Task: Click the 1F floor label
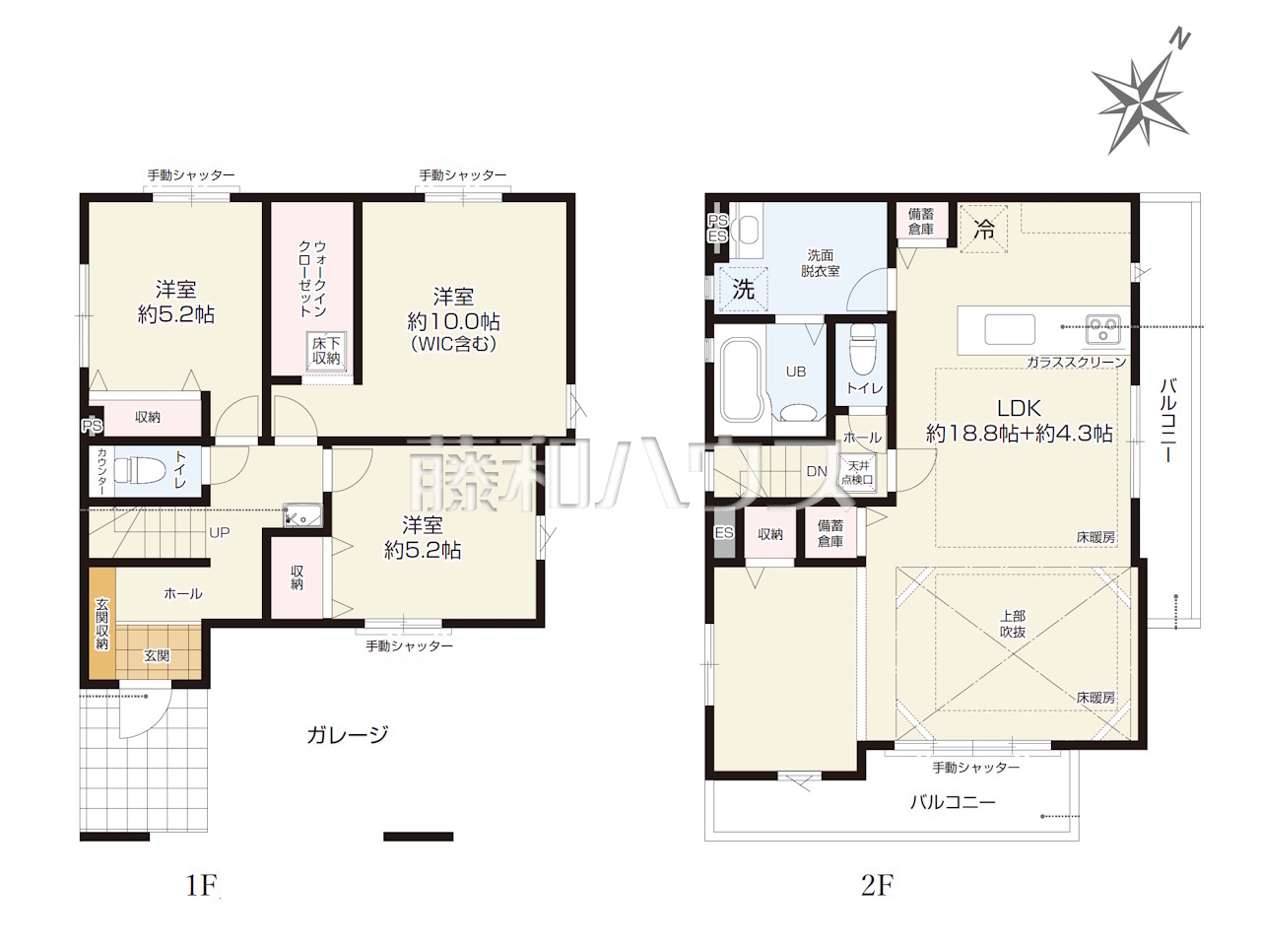201,885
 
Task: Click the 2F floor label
877,885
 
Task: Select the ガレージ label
348,734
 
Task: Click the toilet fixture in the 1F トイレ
133,470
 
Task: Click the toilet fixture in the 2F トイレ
862,347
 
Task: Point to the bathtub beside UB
742,379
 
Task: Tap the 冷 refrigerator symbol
983,229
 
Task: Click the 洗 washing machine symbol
743,289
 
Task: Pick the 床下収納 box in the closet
326,352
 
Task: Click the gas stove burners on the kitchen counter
1101,329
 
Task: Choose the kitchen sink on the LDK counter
1010,329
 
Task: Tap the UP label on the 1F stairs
219,532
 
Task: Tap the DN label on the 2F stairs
817,472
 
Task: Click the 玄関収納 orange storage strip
101,623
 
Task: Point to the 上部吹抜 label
1012,624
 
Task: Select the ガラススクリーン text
1076,363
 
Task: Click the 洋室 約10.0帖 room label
453,319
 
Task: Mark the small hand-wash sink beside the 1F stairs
302,515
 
